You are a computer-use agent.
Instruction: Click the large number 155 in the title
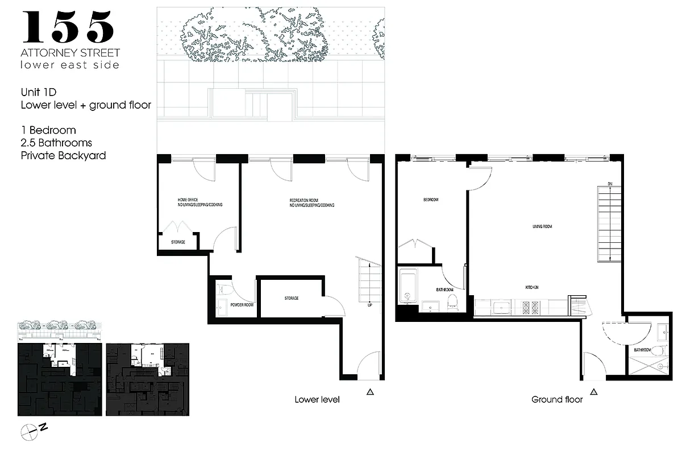(x=68, y=27)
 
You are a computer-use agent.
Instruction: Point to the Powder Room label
(x=242, y=305)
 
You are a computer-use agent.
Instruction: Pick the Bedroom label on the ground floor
(x=430, y=200)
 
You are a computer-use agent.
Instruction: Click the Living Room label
(x=542, y=226)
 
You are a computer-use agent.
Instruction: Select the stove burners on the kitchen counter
(x=533, y=307)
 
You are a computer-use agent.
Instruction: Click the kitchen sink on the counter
(x=501, y=307)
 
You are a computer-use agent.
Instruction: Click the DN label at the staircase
(x=609, y=184)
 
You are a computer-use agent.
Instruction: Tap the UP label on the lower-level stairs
(x=369, y=305)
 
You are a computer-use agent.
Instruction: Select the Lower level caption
(x=317, y=399)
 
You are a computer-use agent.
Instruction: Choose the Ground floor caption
(x=557, y=399)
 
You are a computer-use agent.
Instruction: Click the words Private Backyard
(x=63, y=155)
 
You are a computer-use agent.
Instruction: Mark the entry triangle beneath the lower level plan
(x=371, y=391)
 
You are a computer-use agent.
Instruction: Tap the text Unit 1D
(x=39, y=91)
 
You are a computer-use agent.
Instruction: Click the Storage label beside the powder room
(x=292, y=298)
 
